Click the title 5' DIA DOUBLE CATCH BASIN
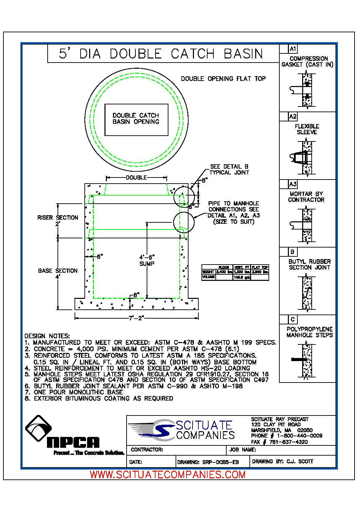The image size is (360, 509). [x=161, y=54]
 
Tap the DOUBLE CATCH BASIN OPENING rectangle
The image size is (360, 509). [x=136, y=119]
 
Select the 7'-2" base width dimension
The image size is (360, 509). [x=136, y=318]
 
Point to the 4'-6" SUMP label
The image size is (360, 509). [x=147, y=260]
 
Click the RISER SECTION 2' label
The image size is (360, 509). [x=58, y=220]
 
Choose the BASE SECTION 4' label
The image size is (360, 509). [x=58, y=274]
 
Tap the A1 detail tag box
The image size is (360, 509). [x=293, y=49]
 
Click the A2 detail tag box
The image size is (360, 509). [x=293, y=117]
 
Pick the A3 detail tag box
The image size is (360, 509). [x=293, y=184]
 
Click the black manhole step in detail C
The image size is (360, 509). [x=299, y=359]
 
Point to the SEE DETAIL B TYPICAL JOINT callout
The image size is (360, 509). [x=229, y=169]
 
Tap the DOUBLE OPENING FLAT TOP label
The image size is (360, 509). [x=223, y=79]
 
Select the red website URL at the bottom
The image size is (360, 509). [x=167, y=474]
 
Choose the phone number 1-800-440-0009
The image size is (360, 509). [x=299, y=436]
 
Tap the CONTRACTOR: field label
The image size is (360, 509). [x=147, y=449]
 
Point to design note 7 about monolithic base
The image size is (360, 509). [x=73, y=392]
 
